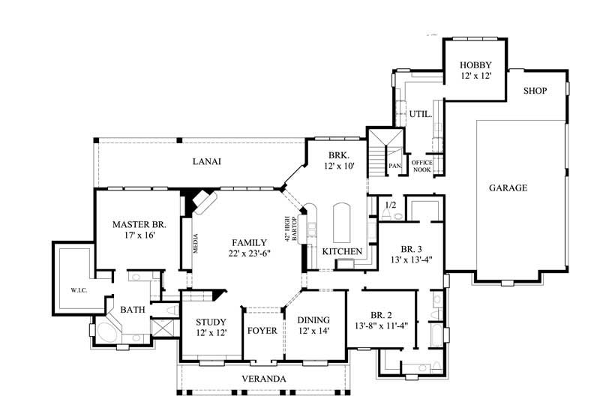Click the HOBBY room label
(x=475, y=65)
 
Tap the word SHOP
(x=535, y=91)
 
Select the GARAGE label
(x=508, y=187)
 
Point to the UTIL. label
(x=419, y=115)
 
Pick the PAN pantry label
(x=394, y=166)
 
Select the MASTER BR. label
(x=139, y=223)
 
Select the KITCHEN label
(x=343, y=251)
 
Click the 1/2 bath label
(x=390, y=204)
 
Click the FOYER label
(x=262, y=330)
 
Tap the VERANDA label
(x=262, y=379)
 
